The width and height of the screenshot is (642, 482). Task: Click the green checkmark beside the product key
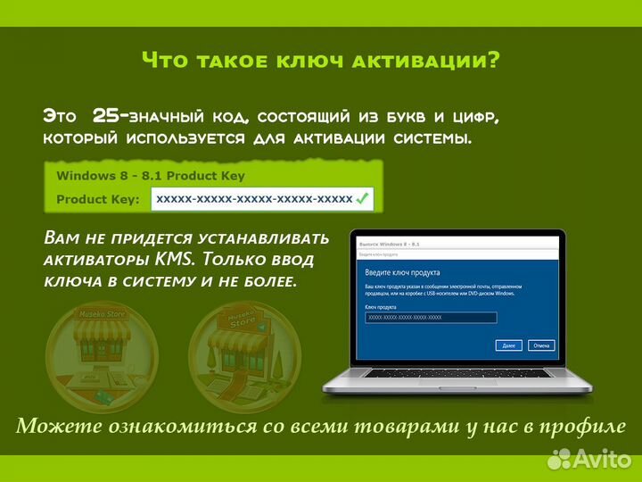[x=362, y=199]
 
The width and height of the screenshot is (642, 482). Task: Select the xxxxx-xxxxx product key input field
[x=254, y=199]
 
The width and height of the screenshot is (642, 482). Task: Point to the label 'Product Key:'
[x=97, y=199]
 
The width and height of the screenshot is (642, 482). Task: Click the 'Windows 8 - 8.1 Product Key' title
[x=150, y=176]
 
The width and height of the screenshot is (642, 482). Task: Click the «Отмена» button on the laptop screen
[x=540, y=345]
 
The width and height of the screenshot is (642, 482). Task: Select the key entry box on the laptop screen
[x=431, y=318]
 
